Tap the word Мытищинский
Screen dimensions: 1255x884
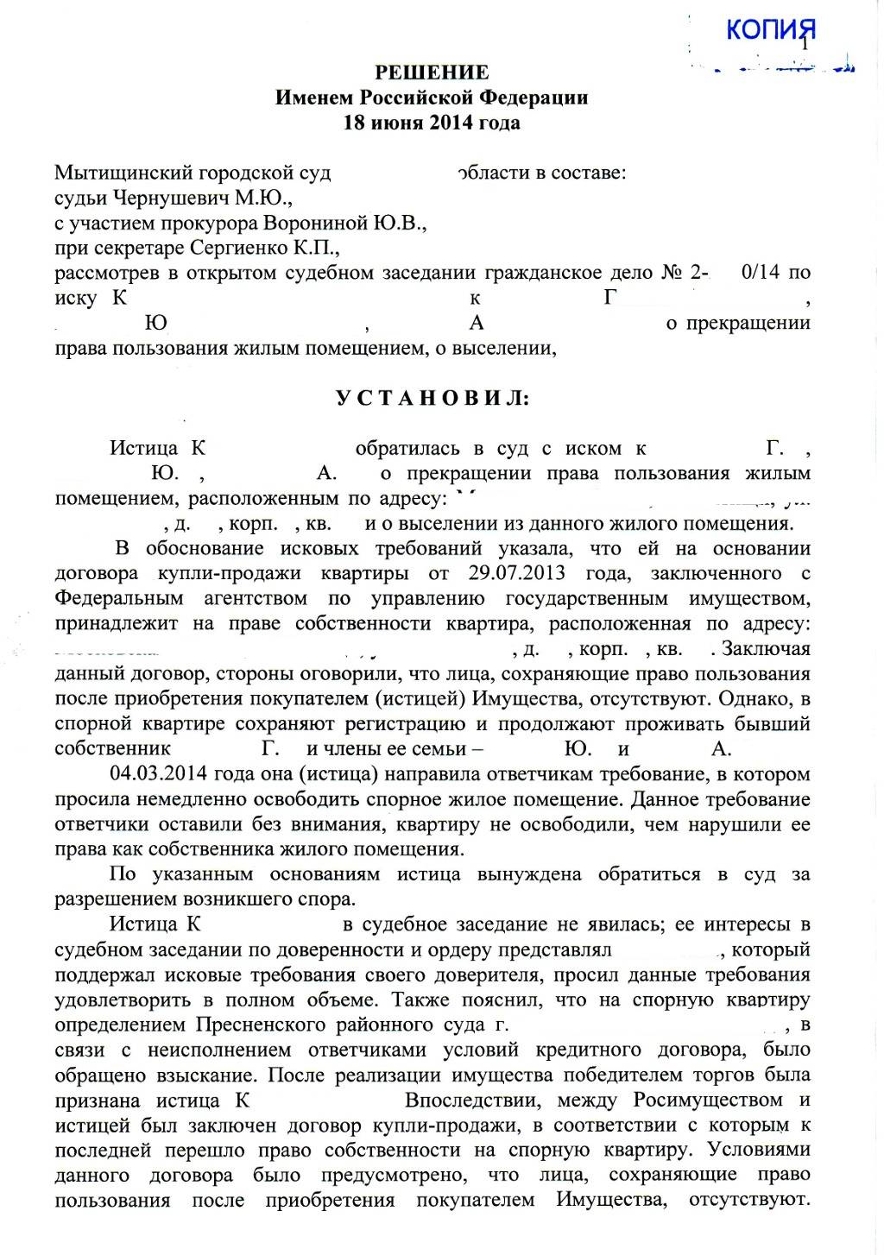coord(117,173)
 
